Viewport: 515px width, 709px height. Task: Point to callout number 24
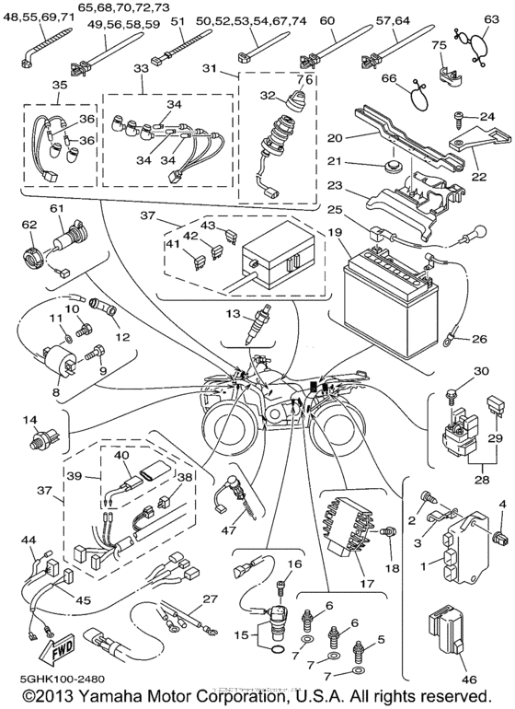486,116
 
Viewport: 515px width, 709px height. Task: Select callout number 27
211,599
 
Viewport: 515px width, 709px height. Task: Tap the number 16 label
295,564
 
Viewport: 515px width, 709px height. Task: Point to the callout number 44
30,540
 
